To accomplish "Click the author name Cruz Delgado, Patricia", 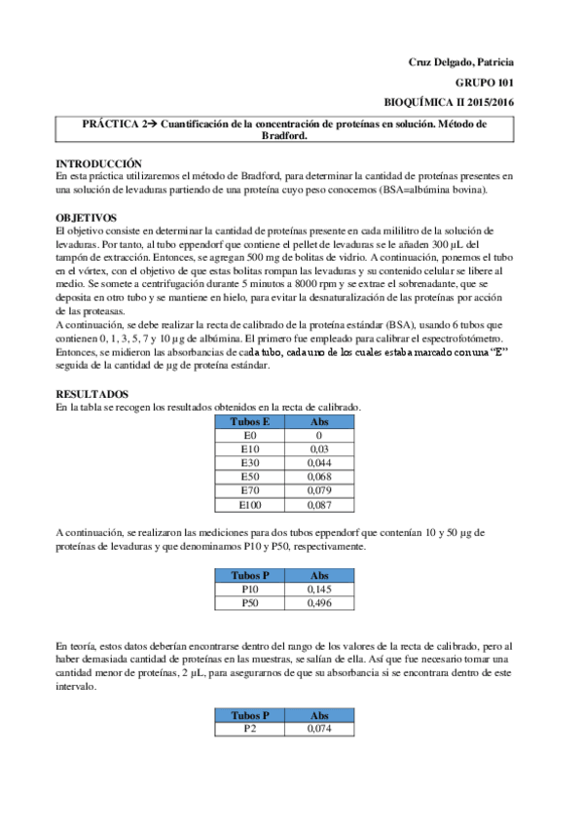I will click(460, 62).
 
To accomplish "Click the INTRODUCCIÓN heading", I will click(98, 163).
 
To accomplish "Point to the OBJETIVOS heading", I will click(87, 217).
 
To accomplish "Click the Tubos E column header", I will click(250, 422).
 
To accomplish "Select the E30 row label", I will click(250, 463).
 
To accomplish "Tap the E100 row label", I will click(250, 505).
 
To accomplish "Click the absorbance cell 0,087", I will click(319, 505).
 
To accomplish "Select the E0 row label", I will click(250, 436).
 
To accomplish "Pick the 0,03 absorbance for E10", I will click(319, 449).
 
